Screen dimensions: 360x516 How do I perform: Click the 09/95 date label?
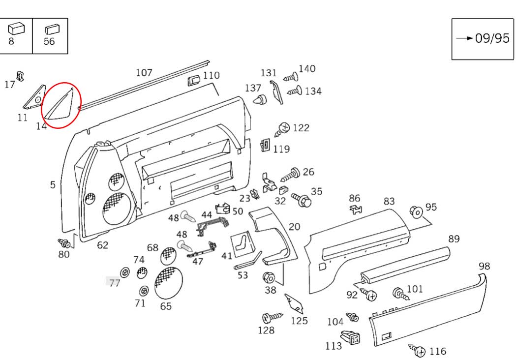click(491, 38)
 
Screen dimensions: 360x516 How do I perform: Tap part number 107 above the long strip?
click(144, 73)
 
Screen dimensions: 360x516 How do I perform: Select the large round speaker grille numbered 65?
click(168, 284)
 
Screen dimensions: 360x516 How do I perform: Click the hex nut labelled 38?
click(270, 277)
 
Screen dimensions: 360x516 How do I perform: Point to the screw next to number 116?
click(418, 350)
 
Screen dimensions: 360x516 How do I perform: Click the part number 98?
click(484, 266)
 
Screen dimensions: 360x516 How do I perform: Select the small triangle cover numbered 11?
click(33, 99)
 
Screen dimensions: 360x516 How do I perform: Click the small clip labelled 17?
click(20, 76)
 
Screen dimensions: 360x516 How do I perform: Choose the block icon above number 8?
click(16, 29)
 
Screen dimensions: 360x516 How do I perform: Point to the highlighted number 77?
click(115, 283)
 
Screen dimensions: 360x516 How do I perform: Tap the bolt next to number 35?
click(301, 199)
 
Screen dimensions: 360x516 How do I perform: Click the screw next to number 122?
click(283, 129)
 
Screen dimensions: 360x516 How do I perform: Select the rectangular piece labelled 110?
click(193, 80)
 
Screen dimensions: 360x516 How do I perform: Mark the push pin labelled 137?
click(259, 100)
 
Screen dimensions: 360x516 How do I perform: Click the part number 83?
click(389, 201)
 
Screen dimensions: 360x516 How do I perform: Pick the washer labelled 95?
click(416, 212)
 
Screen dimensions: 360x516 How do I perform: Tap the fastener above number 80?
click(63, 243)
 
